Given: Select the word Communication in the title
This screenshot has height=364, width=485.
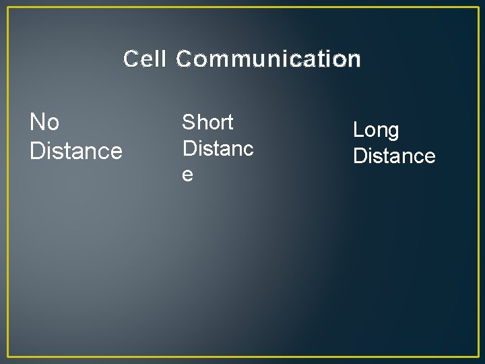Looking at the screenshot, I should click(x=269, y=59).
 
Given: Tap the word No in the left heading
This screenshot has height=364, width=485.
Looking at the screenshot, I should click(x=44, y=123).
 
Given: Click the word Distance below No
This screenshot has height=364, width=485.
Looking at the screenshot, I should click(x=76, y=150).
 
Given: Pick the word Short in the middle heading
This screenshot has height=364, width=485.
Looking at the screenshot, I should click(x=207, y=123).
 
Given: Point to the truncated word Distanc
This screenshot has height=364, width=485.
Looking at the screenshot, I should click(x=218, y=148).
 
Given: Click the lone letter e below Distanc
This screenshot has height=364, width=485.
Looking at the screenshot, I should click(x=188, y=174).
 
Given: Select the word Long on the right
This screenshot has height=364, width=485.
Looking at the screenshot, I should click(x=376, y=130).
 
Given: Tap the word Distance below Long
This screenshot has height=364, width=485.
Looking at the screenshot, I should click(x=394, y=156).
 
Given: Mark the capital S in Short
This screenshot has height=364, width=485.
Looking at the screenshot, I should click(x=189, y=123).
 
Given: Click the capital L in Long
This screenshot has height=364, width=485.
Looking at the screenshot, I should click(x=358, y=130).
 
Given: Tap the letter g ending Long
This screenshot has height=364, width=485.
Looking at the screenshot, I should click(x=393, y=133).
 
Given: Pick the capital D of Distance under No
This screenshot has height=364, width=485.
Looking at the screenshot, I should click(x=37, y=150).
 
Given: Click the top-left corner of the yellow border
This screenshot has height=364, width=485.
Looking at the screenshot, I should click(x=8, y=7).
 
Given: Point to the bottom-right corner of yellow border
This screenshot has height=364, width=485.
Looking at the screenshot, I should click(x=477, y=356).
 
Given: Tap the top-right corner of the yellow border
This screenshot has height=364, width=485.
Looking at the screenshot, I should click(x=477, y=7).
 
